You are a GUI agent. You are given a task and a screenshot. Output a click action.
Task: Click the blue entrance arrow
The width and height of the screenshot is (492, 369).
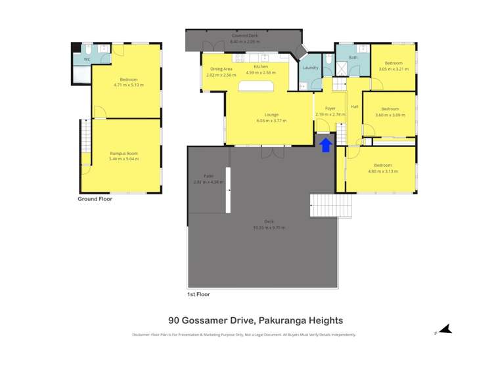(x=325, y=144)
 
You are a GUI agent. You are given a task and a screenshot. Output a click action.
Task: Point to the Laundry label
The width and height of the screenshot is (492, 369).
(x=310, y=68)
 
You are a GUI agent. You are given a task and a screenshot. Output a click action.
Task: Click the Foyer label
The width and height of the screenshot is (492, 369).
(x=330, y=108)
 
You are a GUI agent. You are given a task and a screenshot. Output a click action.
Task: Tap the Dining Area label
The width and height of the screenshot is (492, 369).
(x=221, y=69)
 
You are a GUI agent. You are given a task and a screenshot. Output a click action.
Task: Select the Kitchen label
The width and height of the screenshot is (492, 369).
(x=261, y=67)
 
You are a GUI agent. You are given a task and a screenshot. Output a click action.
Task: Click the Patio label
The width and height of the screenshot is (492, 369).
(x=209, y=176)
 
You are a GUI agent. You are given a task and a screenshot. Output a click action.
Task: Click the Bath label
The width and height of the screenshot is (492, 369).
(x=353, y=58)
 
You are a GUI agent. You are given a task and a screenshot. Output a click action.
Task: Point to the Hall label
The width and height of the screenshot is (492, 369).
(x=354, y=106)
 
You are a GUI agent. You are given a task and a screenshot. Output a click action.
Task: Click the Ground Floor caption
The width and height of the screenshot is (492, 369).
(x=95, y=199)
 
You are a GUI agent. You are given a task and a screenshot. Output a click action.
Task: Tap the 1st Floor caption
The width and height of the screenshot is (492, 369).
(x=198, y=295)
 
